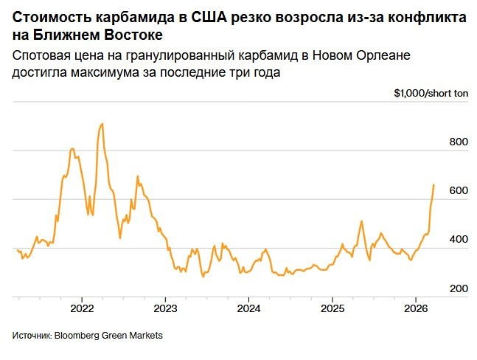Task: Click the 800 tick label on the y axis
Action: (x=459, y=142)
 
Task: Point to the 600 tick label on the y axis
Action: (x=459, y=190)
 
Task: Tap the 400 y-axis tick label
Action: (x=459, y=240)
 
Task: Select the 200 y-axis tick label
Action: (x=459, y=288)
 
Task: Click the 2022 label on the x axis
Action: (x=80, y=308)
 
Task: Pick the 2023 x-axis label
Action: (x=164, y=308)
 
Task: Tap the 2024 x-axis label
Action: (x=248, y=308)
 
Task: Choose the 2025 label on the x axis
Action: (x=332, y=308)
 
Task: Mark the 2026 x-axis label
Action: (x=417, y=308)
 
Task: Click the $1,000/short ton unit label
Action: (x=431, y=94)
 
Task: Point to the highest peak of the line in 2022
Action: (x=102, y=123)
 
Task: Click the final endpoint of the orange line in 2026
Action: (x=434, y=184)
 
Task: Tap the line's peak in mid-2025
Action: (x=361, y=221)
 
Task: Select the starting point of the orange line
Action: (x=17, y=250)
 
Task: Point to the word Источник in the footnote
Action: (x=31, y=336)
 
